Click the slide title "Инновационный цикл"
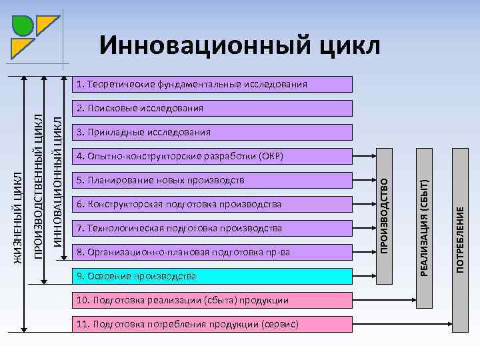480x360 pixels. [x=240, y=45]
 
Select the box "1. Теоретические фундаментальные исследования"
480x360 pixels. [x=212, y=84]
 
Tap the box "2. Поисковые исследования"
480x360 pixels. [x=212, y=108]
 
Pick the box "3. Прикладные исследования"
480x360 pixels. [x=212, y=132]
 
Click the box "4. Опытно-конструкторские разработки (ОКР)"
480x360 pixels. [x=212, y=156]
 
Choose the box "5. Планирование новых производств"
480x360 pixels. [x=212, y=180]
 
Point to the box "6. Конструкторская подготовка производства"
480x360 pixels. [x=212, y=204]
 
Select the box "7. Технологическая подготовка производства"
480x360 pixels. [x=212, y=228]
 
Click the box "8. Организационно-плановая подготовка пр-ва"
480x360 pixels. [x=212, y=252]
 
